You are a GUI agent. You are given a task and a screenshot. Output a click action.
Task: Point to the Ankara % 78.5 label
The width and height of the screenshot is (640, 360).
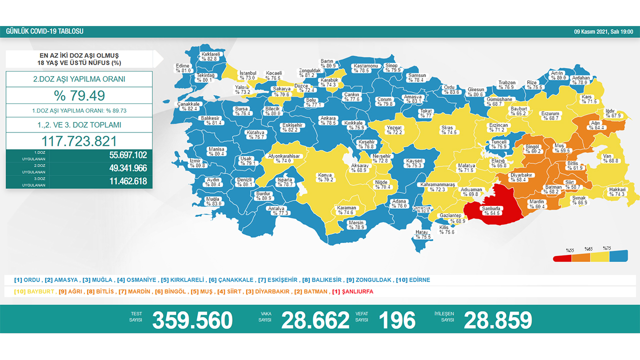point(328,120)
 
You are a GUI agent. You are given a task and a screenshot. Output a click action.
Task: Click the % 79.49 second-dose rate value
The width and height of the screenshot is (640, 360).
point(79,95)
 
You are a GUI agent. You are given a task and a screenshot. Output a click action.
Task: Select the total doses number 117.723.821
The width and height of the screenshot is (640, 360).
point(79,141)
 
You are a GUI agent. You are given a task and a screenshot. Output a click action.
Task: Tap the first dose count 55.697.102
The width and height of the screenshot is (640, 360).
point(128,155)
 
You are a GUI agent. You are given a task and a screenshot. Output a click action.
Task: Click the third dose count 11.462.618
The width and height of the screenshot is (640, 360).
point(128,181)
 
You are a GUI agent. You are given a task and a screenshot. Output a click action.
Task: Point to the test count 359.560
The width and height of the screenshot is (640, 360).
point(192,320)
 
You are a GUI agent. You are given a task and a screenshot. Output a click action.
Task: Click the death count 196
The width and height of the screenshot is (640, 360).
point(397,320)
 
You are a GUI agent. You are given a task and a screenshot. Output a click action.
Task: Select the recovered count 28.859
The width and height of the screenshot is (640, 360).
point(497,320)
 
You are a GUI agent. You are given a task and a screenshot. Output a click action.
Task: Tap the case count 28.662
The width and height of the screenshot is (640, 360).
point(315,320)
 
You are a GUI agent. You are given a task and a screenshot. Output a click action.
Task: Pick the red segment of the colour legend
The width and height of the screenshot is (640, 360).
point(562,258)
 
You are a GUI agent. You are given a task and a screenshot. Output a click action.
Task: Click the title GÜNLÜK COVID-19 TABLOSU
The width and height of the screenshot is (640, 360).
point(44,31)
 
